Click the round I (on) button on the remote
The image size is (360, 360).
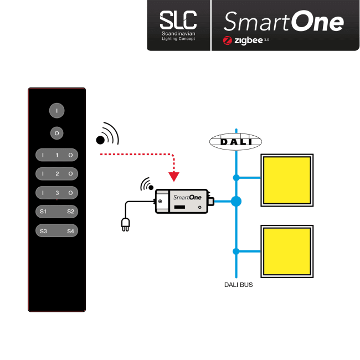tap(56, 110)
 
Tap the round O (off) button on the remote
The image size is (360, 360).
tap(56, 133)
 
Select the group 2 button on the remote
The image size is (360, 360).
tap(56, 173)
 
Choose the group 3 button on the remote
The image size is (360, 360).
tap(56, 193)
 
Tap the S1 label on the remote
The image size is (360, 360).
tap(43, 211)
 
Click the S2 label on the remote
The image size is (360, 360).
tap(70, 211)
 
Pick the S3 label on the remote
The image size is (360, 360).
tap(43, 231)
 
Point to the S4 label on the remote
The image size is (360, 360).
tap(70, 231)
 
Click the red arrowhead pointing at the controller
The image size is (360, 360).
tap(174, 177)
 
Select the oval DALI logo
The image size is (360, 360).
tap(235, 142)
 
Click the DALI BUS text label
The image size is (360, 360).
tap(238, 285)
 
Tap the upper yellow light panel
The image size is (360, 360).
tap(287, 180)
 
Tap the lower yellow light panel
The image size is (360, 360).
tap(287, 251)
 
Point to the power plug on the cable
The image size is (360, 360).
tap(125, 224)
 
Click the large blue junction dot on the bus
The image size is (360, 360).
tap(236, 202)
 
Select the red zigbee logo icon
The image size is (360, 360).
tap(227, 40)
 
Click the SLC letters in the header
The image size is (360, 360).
tap(178, 20)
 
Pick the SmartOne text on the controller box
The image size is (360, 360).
tap(187, 198)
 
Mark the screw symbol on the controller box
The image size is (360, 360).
tap(160, 202)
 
